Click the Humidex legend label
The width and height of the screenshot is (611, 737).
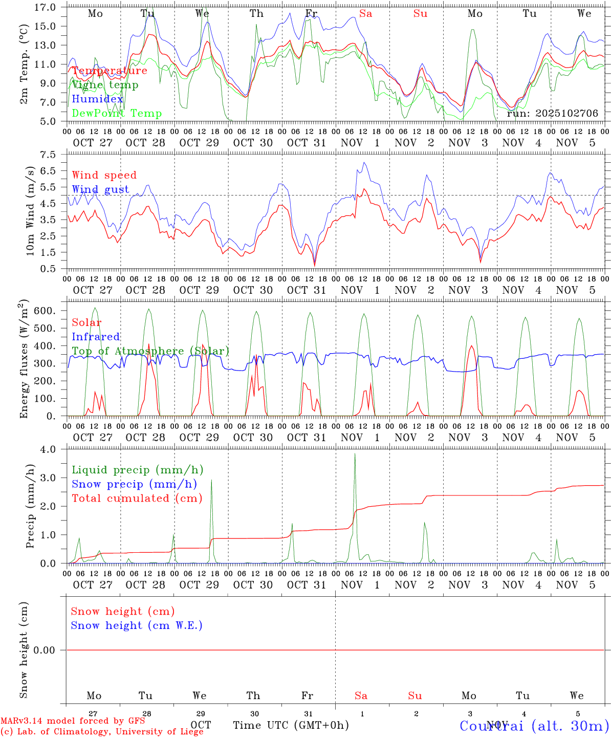coord(97,99)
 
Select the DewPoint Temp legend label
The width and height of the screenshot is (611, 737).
coord(117,114)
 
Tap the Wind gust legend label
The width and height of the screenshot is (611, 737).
coord(100,189)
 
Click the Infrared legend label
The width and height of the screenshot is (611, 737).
coord(96,337)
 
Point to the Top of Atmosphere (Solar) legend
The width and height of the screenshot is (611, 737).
coord(150,351)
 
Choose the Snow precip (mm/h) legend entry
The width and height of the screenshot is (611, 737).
coord(134,484)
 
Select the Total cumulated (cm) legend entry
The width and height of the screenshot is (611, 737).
coord(137,498)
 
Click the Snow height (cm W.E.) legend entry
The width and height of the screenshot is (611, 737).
coord(137,625)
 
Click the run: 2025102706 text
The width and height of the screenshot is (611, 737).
coord(552,113)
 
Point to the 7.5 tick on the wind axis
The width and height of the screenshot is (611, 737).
coord(49,155)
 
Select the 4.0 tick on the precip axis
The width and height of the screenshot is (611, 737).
coord(49,449)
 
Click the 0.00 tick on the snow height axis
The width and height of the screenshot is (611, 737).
coord(44,650)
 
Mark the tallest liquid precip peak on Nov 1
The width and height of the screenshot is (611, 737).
coord(355,454)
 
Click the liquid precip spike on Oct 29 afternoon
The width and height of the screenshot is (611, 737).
coord(211,480)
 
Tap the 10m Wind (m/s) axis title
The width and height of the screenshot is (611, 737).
coord(30,210)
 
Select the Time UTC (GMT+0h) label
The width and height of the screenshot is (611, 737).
coord(291,725)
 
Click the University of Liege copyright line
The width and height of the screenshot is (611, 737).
coord(102,732)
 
